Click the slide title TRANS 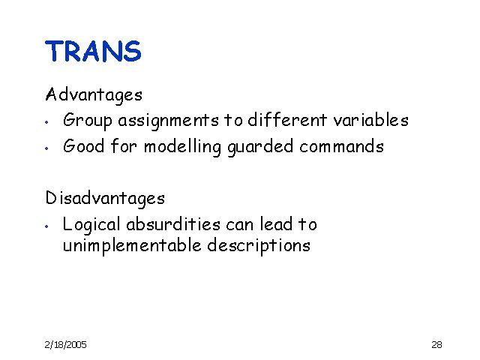[x=93, y=52]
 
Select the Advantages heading [x=94, y=95]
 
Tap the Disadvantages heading [x=105, y=199]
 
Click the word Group [x=86, y=121]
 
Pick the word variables [x=372, y=120]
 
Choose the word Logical [x=91, y=225]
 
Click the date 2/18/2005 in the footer [x=65, y=344]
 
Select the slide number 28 [x=436, y=344]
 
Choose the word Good [x=84, y=146]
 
